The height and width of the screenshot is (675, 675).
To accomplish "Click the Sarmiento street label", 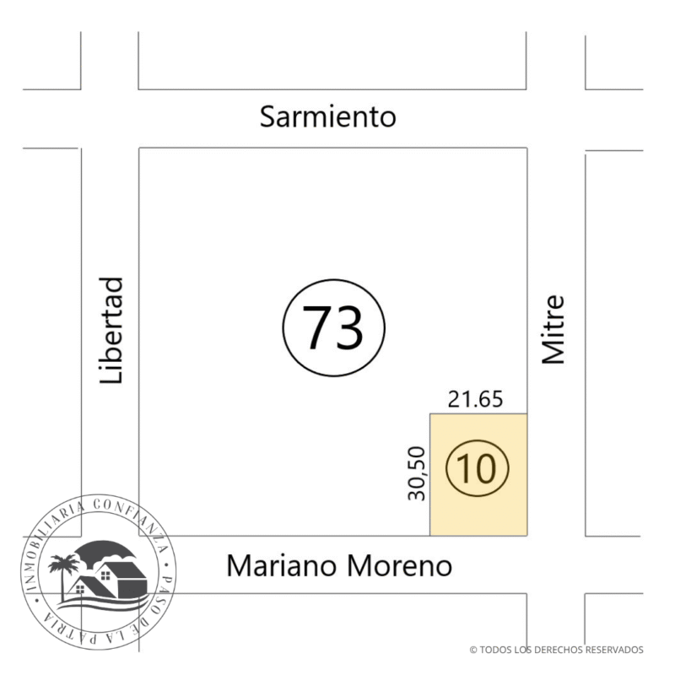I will click(x=327, y=116).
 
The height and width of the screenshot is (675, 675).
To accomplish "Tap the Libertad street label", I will click(x=112, y=331).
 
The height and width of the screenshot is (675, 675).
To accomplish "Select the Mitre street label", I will click(x=553, y=329).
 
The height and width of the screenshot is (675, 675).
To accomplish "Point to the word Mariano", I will click(x=283, y=565).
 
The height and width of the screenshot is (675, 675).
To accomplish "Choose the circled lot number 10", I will click(x=478, y=468).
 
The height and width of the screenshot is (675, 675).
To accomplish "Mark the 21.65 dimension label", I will click(x=475, y=399).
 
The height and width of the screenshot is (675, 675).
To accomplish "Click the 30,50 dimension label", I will click(x=417, y=473).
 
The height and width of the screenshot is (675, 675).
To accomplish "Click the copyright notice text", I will click(x=556, y=650).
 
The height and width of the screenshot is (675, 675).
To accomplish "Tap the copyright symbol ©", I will click(x=472, y=650).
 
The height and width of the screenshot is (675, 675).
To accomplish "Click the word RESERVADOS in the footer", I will click(x=613, y=650).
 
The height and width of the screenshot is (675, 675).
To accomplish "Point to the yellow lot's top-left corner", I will click(x=430, y=414).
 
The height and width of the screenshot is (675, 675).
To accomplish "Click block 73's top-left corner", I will click(x=139, y=148).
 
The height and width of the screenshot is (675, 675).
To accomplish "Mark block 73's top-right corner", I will click(x=527, y=148).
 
